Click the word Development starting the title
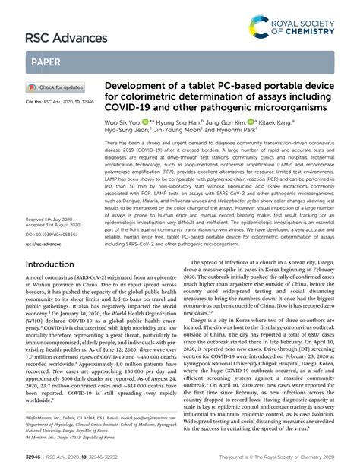pyautogui.click(x=136, y=88)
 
